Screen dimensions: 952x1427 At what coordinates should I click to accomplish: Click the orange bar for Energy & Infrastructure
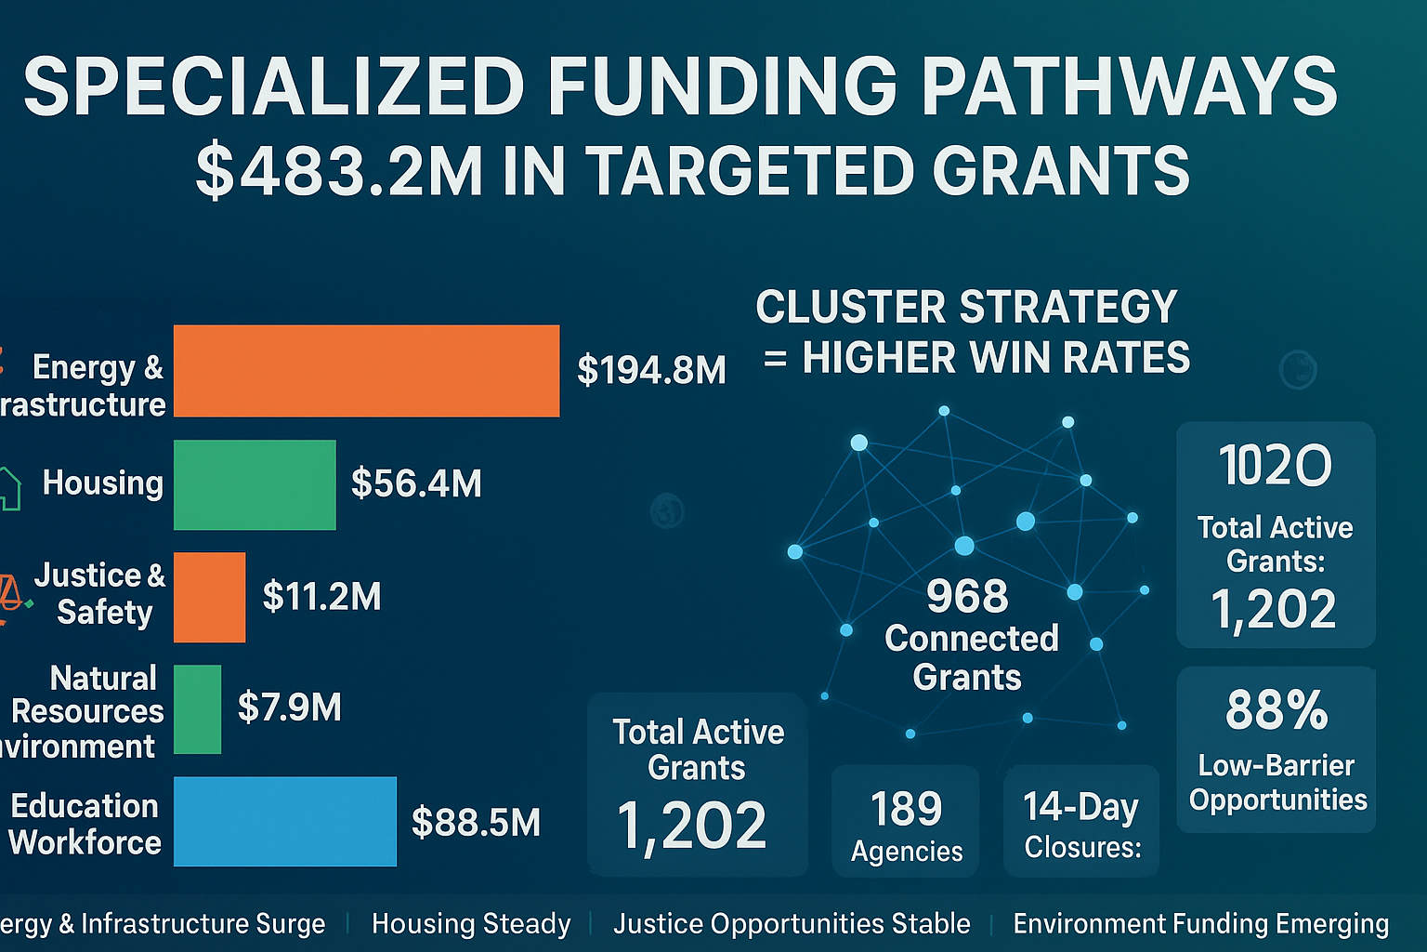[366, 370]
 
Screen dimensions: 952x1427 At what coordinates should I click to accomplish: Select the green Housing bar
[255, 484]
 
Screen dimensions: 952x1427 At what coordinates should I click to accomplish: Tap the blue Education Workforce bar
[284, 822]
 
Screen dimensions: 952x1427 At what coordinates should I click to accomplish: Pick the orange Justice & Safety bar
[209, 597]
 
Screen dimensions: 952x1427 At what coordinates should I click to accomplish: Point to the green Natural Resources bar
[197, 708]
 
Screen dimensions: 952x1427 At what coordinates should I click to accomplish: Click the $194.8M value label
[651, 370]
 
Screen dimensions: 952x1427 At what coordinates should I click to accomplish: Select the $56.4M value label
[416, 483]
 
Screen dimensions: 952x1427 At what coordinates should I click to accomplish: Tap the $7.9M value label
[290, 707]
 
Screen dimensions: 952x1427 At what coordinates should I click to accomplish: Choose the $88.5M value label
[476, 822]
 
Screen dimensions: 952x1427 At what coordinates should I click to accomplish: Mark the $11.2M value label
[321, 596]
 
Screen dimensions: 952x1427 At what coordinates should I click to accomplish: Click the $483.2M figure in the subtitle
[339, 171]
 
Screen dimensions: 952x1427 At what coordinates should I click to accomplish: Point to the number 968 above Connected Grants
[967, 596]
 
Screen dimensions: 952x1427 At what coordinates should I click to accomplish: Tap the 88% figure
[1276, 710]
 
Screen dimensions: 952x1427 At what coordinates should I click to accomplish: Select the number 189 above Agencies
[906, 808]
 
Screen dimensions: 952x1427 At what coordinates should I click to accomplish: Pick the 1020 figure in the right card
[1275, 465]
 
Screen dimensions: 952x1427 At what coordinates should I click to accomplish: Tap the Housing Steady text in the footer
[471, 924]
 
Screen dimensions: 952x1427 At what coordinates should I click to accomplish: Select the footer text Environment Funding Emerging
[1200, 924]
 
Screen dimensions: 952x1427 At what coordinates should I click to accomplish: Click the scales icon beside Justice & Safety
[9, 595]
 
